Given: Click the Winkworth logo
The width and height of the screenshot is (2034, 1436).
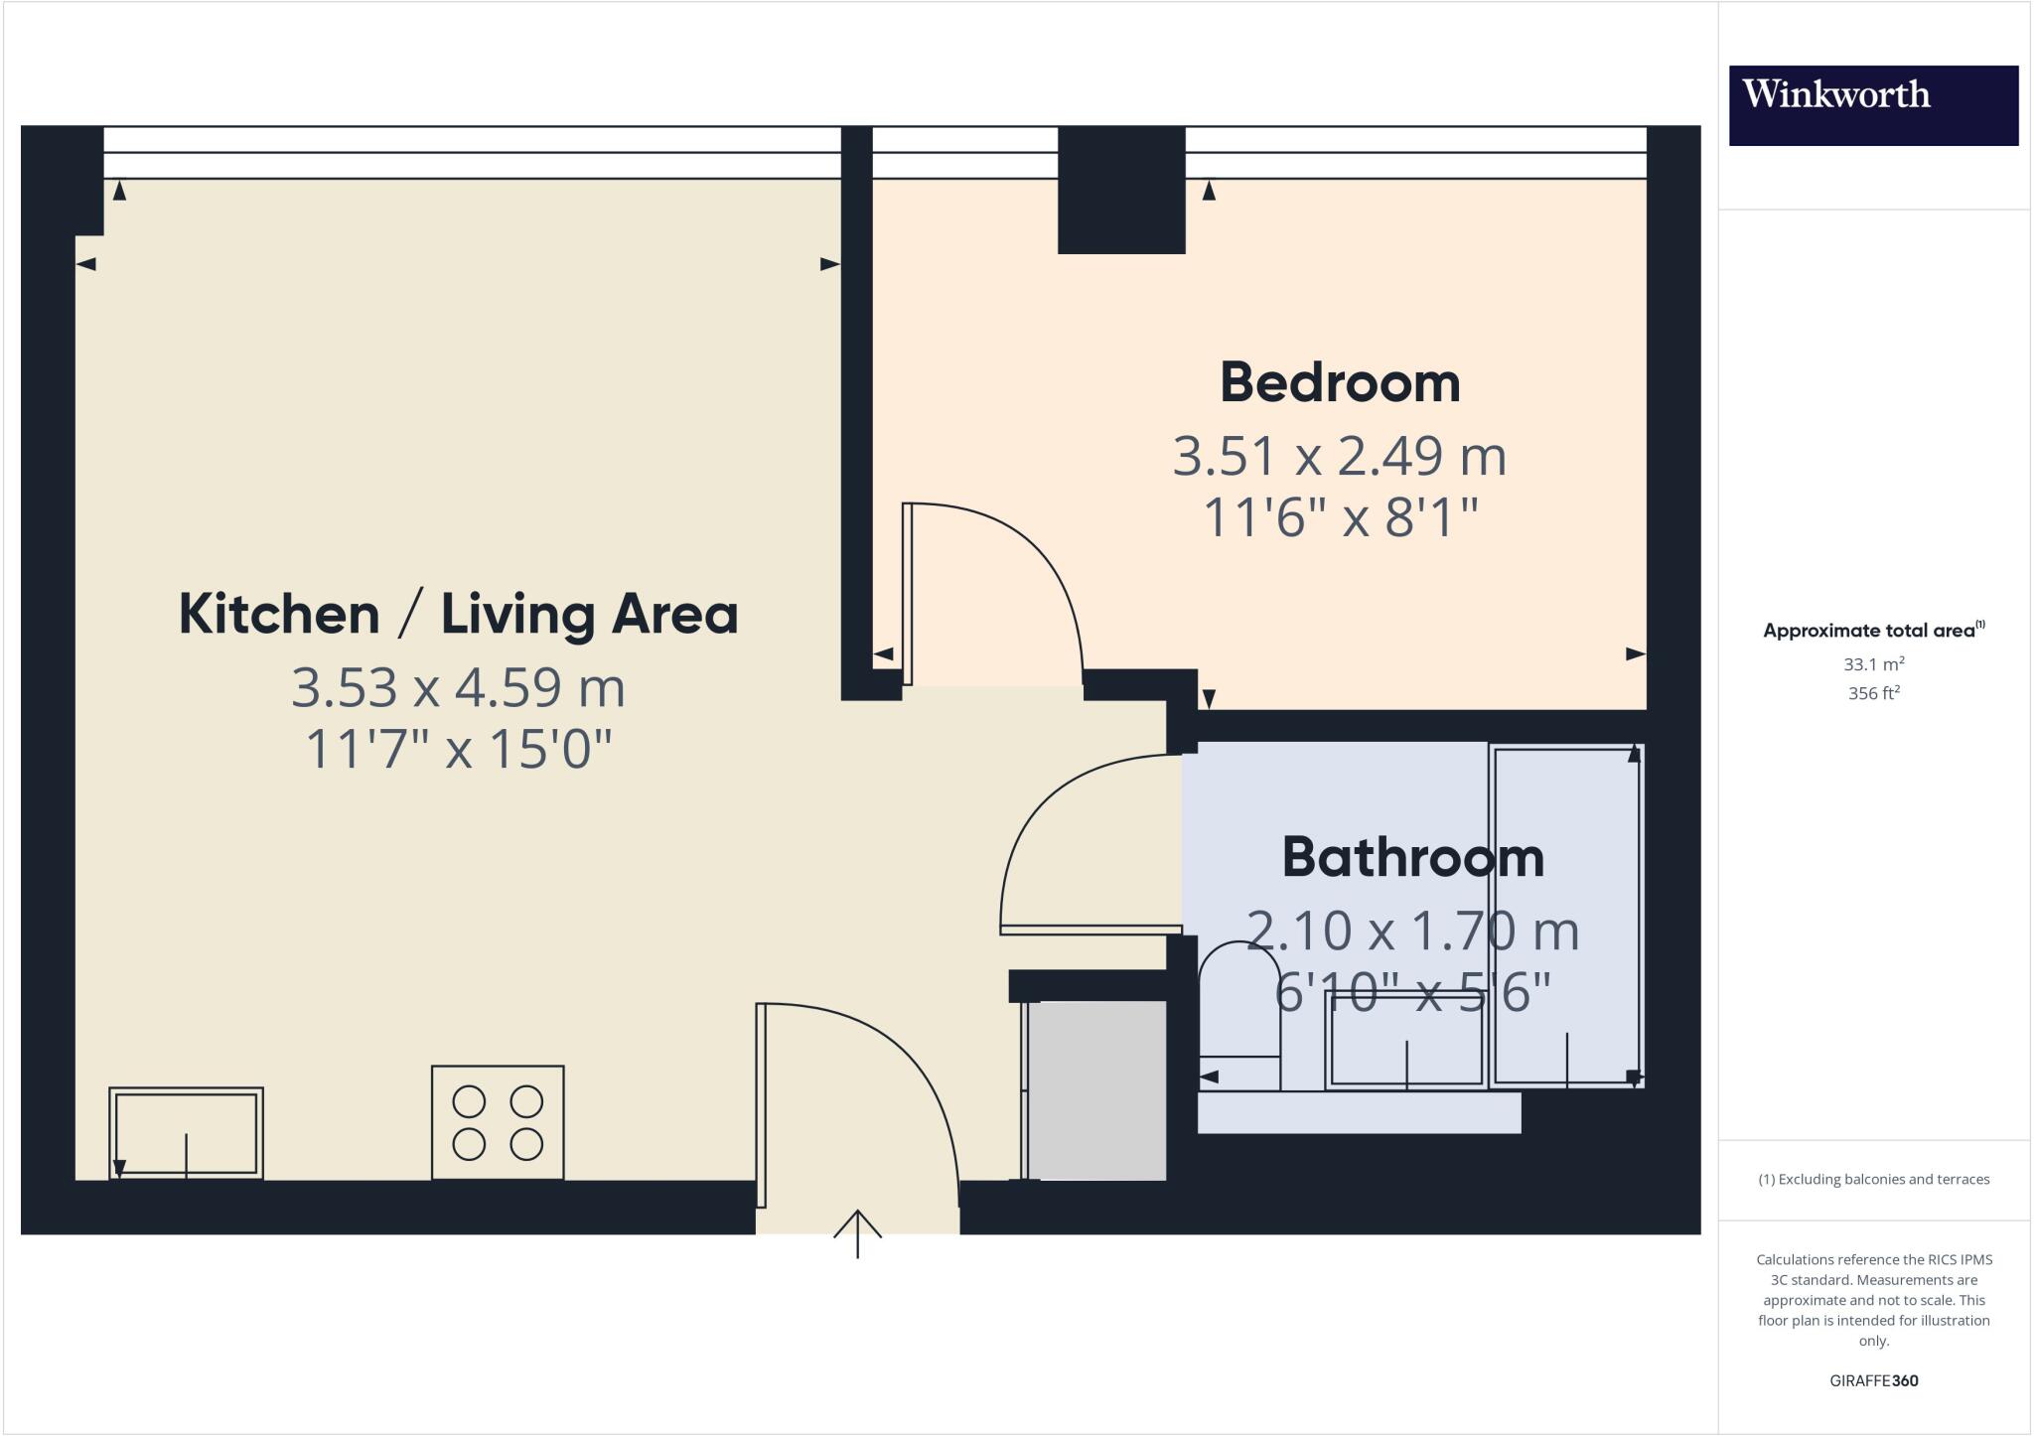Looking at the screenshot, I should [1873, 105].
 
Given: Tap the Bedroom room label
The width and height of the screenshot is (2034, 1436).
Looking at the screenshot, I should [1340, 383].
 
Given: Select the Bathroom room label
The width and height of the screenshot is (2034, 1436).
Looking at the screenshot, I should [1412, 858].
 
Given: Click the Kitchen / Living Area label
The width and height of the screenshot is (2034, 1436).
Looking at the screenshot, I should [458, 614].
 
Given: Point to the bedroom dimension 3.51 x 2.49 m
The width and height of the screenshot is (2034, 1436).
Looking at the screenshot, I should [1340, 457].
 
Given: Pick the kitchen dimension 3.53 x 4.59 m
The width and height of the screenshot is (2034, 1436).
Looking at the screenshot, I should [458, 688].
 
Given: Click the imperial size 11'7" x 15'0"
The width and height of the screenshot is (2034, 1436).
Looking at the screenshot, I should [458, 750].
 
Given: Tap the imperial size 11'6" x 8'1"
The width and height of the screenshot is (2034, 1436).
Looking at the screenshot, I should [1340, 517].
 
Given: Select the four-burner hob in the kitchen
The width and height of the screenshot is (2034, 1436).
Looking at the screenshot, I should [498, 1122].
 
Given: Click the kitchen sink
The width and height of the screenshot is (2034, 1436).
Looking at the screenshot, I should [186, 1133].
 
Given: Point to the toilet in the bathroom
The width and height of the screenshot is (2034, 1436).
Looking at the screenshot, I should [1238, 1013].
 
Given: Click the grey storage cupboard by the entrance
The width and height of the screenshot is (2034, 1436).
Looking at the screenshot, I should [1095, 1090].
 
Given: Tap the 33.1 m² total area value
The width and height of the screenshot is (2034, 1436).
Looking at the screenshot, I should [1873, 664].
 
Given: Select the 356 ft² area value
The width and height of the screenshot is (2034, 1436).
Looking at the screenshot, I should [1873, 693].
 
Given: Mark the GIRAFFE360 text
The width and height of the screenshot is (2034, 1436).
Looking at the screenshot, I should [1873, 1380].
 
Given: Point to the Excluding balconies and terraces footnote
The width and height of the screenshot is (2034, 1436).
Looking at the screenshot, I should [1873, 1180].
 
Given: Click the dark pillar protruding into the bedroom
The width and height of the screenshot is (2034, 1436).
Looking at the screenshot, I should [1121, 191].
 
